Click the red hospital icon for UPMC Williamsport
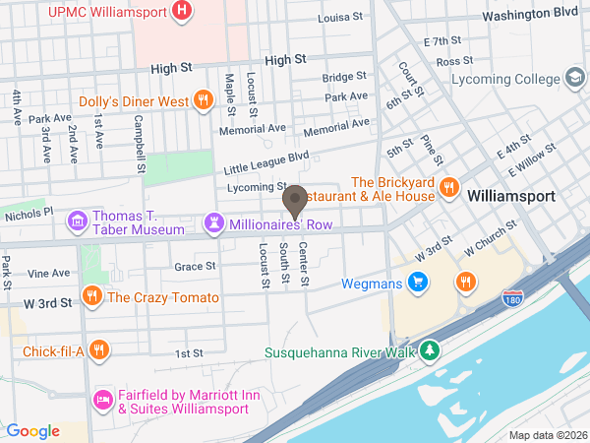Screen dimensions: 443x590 [181, 12]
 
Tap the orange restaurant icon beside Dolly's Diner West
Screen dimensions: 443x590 [203, 99]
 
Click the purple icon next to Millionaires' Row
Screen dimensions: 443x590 [213, 224]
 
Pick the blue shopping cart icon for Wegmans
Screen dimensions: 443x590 [419, 283]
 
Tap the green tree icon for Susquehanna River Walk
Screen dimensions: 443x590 [429, 350]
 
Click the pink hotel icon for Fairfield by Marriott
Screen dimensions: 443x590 [100, 399]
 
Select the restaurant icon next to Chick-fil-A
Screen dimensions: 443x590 [98, 350]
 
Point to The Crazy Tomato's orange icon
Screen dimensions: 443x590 [91, 296]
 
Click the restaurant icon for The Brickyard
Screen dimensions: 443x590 [448, 186]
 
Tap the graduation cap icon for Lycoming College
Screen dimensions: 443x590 [573, 78]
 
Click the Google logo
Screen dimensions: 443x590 [33, 431]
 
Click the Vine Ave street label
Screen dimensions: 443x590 [49, 273]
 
